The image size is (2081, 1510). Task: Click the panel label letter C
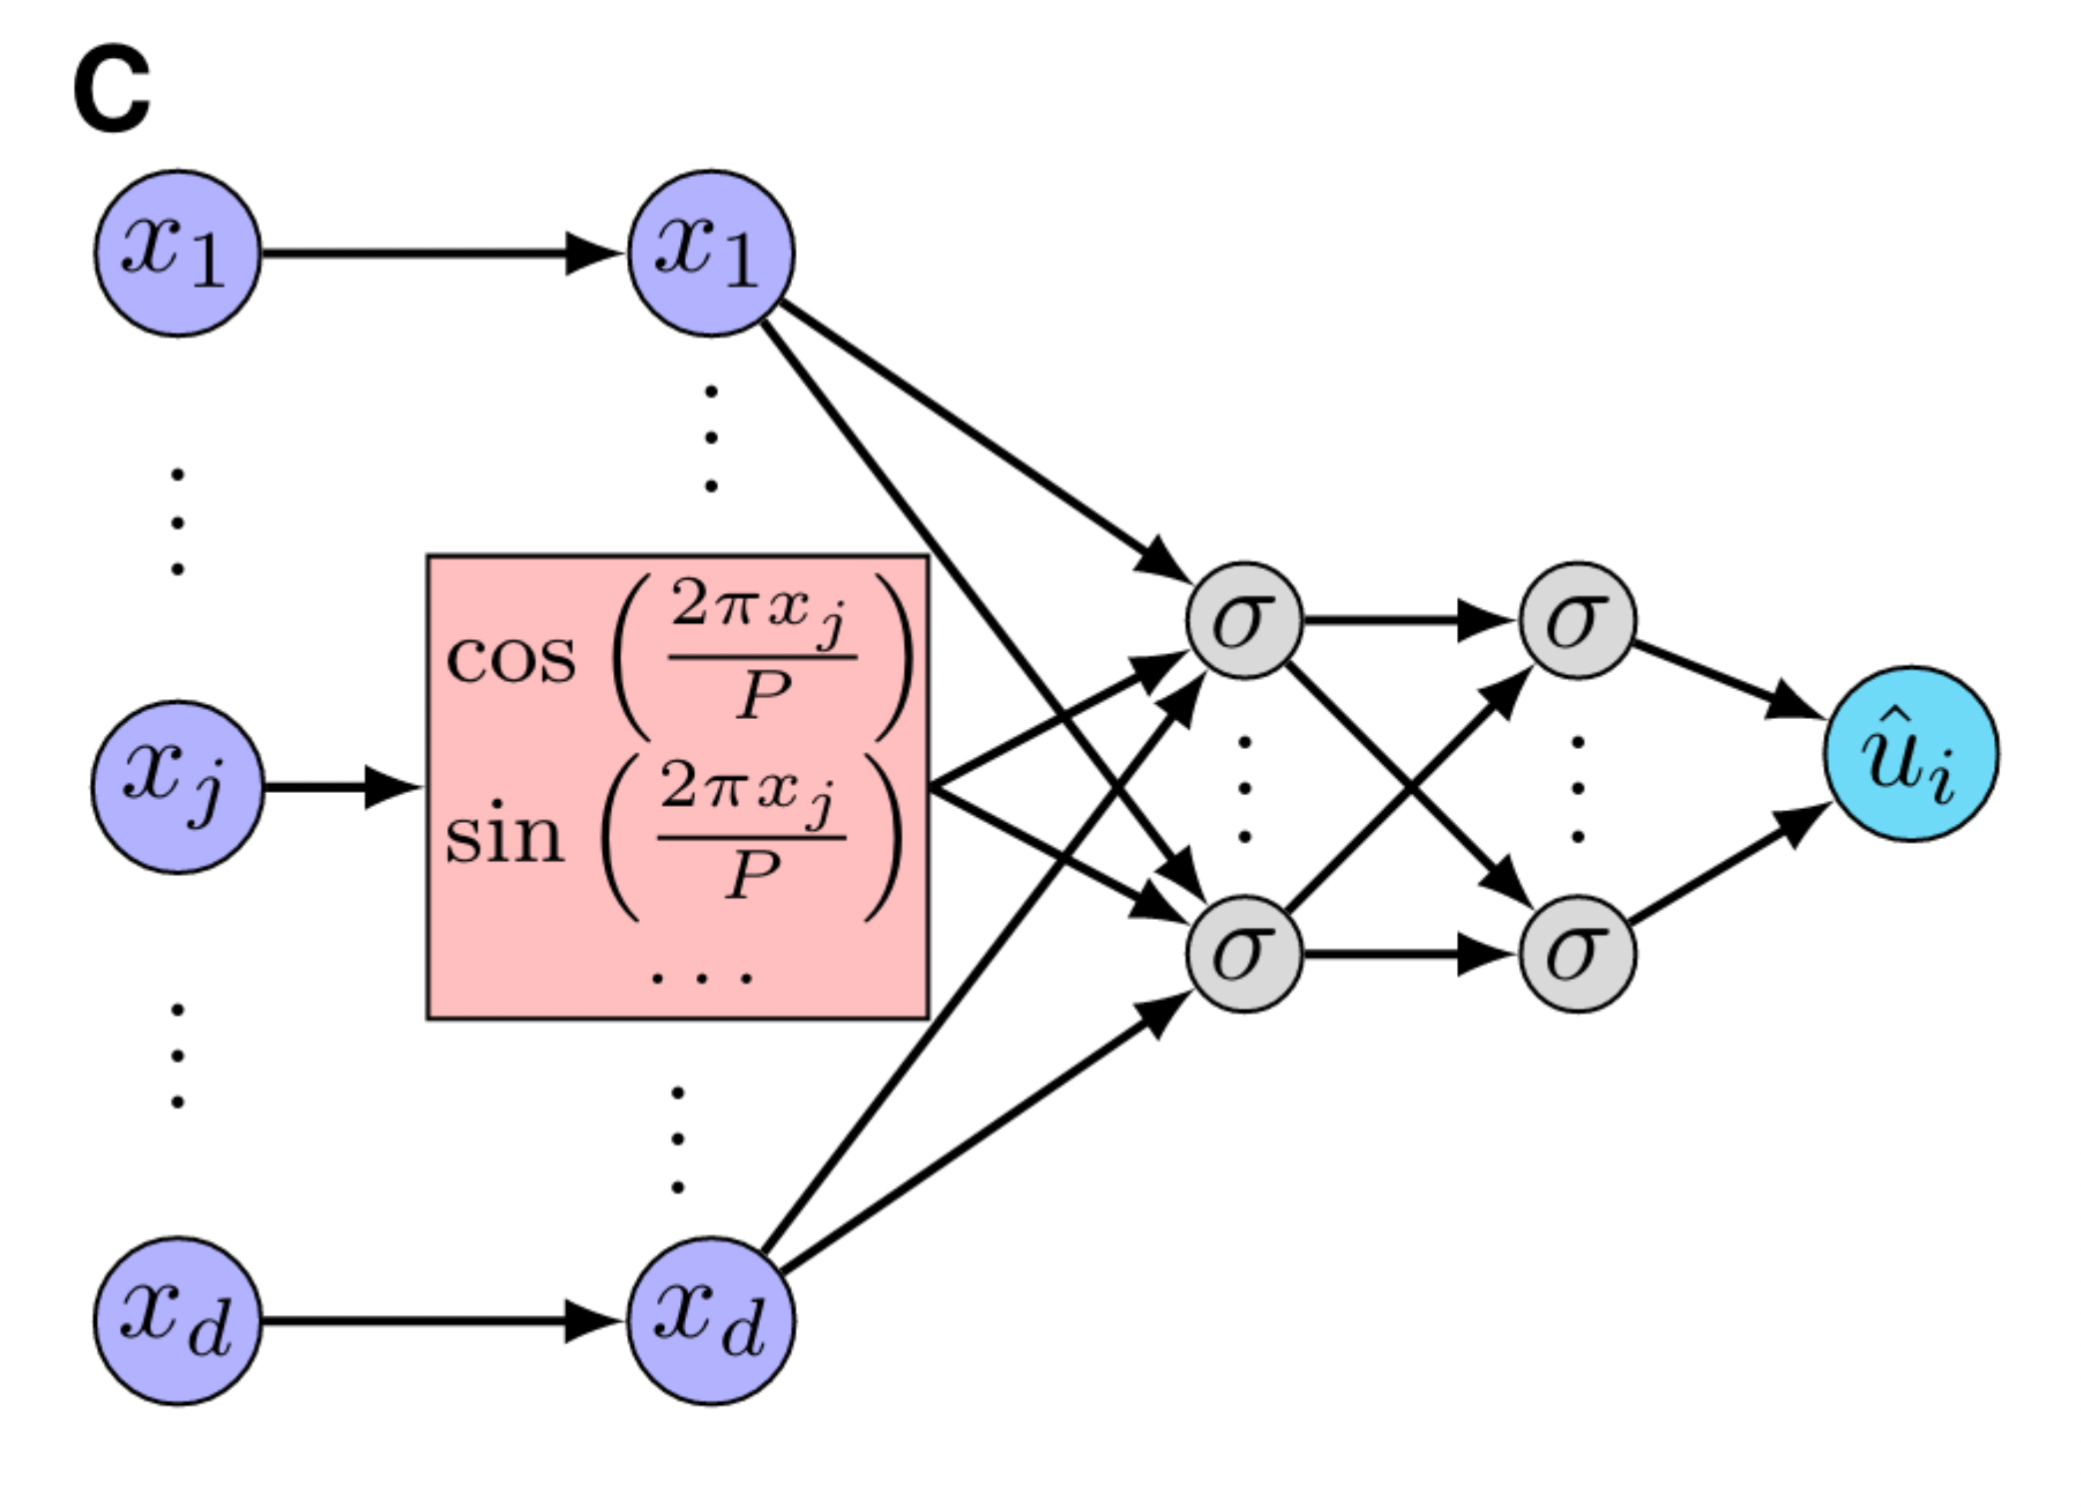tap(112, 90)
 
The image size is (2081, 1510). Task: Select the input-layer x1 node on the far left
tap(178, 253)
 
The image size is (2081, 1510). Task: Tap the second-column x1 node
tap(711, 253)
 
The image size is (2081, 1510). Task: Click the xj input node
tap(178, 787)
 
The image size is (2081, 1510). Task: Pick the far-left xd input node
tap(178, 1320)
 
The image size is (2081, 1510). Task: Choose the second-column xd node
tap(711, 1320)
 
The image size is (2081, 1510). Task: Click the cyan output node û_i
tap(1910, 754)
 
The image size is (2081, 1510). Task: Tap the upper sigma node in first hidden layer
tap(1244, 620)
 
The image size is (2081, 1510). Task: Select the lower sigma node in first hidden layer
tap(1244, 954)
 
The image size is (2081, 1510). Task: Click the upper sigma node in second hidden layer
tap(1577, 620)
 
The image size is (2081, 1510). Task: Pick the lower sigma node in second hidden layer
tap(1577, 954)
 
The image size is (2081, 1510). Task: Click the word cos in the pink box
tap(510, 659)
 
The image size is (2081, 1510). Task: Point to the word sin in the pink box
tap(503, 837)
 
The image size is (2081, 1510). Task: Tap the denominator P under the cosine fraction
tap(764, 695)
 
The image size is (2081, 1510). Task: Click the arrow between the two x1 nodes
tap(439, 253)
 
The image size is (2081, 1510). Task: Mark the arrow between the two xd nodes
tap(439, 1320)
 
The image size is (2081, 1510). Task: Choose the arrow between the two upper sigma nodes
tap(1408, 620)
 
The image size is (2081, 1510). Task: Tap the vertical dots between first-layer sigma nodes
tap(1244, 789)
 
